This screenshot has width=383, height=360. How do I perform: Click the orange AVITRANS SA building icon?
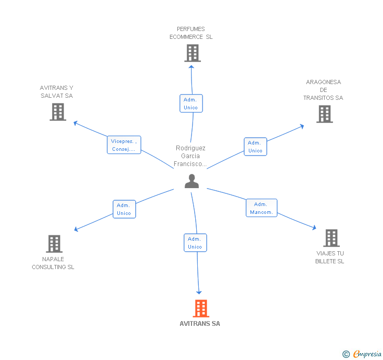coord(201,308)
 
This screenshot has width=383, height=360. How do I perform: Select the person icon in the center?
coord(191,181)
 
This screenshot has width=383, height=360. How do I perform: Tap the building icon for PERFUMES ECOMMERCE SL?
coord(193,53)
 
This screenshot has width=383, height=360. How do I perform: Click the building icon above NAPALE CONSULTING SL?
coord(54,243)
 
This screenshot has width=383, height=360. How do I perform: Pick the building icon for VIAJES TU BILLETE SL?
coord(331,238)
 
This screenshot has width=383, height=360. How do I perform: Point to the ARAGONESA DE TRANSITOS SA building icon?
coord(325,114)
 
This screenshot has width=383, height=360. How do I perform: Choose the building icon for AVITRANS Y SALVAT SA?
coord(58,112)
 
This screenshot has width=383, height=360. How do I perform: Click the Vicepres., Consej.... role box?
coord(124,145)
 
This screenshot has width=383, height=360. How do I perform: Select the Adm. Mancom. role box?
coord(261,208)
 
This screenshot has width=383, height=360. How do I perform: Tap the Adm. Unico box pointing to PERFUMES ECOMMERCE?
coord(191,103)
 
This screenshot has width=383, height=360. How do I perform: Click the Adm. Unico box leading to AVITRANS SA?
coord(195,243)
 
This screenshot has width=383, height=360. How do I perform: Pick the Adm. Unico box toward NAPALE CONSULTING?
coord(124,209)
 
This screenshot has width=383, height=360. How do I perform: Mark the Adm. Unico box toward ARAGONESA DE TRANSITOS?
coord(255,147)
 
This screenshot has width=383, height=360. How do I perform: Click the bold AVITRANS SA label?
coord(200,324)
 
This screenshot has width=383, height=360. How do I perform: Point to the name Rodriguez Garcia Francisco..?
coord(190,156)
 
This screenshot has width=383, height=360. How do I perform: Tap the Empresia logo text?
coord(367,354)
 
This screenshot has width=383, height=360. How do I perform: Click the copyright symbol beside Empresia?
coord(346,354)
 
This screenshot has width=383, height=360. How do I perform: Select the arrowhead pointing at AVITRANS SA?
coord(199,292)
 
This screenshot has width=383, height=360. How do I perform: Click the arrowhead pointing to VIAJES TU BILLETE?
coord(315,228)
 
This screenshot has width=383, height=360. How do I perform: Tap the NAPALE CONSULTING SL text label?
coord(53,263)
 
